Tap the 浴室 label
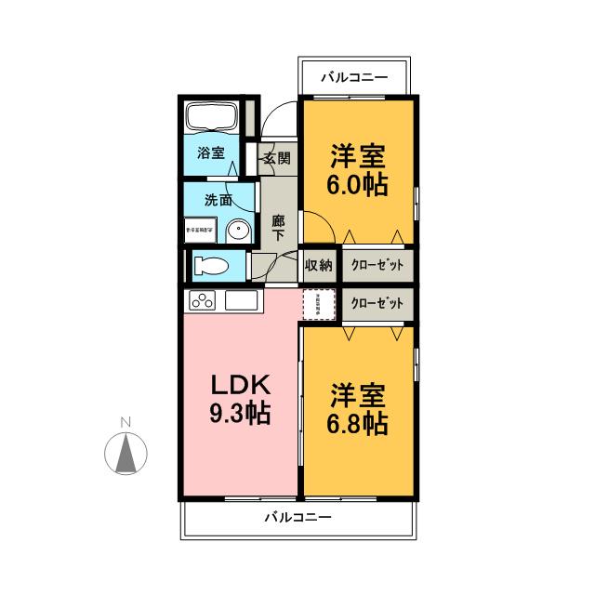tap(211, 153)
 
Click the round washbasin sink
tap(240, 229)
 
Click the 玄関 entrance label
tap(275, 157)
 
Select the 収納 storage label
tap(319, 266)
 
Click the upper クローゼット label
tap(378, 266)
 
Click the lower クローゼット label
tap(378, 304)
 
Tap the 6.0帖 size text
tap(357, 184)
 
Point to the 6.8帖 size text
tap(357, 424)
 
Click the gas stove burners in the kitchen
tap(204, 300)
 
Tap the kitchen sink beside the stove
tap(241, 301)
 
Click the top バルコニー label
tap(352, 76)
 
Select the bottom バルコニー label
tap(297, 516)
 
